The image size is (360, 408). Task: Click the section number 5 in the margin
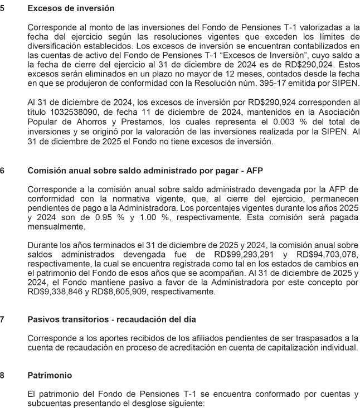click(3, 9)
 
